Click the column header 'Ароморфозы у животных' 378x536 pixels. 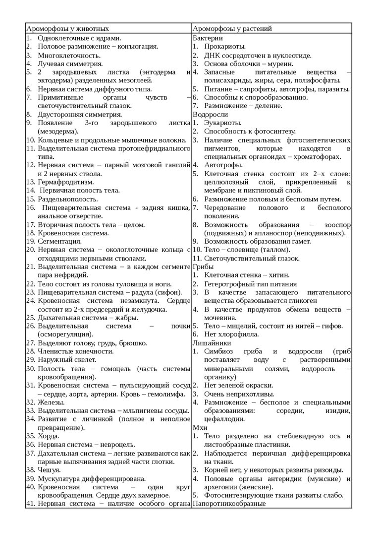click(67, 29)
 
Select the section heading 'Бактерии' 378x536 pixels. click(207, 38)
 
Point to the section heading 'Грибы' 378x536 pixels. click(203, 267)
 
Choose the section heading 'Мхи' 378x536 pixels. click(199, 427)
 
